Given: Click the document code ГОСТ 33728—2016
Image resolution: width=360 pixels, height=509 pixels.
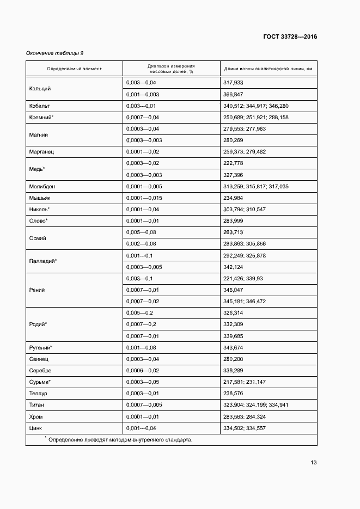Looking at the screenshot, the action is click(290, 37).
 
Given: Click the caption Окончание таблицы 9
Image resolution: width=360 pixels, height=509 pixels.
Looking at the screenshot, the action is click(55, 53).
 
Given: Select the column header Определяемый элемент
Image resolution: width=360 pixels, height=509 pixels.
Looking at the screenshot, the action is click(74, 69).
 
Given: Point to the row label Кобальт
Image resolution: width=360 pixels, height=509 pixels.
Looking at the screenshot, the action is click(39, 106).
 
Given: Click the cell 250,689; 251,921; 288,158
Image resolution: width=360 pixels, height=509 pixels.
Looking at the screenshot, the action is click(255, 117).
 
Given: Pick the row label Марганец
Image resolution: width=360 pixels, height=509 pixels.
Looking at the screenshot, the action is click(41, 152).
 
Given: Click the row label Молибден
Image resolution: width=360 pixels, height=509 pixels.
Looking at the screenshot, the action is click(42, 186).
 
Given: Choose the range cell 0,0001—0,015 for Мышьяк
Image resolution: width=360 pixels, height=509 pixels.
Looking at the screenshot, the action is click(144, 198).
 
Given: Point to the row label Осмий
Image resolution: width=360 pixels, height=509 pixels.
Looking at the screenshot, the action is click(38, 238).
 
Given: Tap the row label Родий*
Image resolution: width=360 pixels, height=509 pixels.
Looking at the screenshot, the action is click(38, 324).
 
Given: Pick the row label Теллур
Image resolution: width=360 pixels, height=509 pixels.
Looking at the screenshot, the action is click(38, 393).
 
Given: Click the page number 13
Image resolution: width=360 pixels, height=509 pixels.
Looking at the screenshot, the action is click(314, 463).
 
